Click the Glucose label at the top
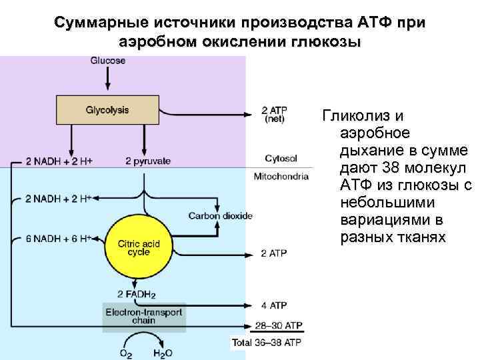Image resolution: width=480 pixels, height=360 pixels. tap(107, 61)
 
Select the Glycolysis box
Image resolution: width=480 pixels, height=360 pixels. tap(107, 109)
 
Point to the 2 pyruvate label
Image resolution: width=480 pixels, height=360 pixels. tap(147, 161)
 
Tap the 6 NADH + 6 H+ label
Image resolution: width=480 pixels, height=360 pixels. tap(58, 239)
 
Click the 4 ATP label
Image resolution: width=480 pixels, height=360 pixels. tap(274, 306)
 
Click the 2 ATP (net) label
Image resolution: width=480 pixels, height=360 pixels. tap(274, 115)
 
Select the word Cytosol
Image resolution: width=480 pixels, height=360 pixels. tap(281, 158)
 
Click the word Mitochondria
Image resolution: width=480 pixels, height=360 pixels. tap(281, 177)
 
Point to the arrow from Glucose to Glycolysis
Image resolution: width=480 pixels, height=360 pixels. tap(107, 79)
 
